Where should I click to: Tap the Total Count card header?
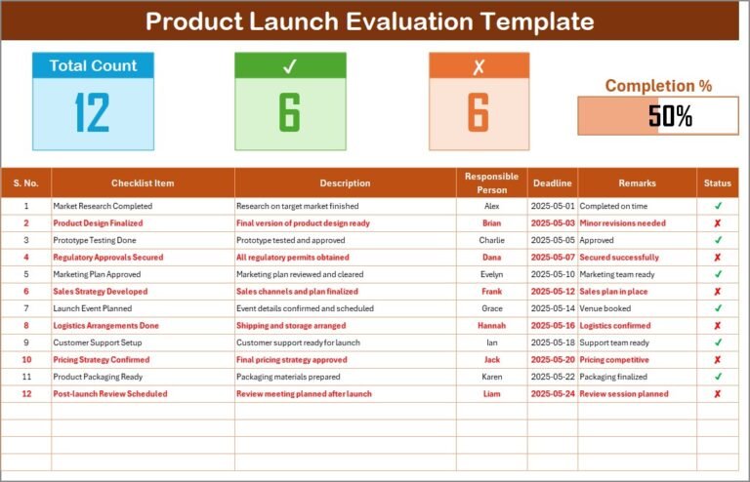pos(93,65)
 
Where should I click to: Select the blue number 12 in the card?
pos(93,113)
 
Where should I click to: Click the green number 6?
pos(289,113)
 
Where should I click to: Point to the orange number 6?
pos(478,113)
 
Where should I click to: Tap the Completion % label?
pos(658,86)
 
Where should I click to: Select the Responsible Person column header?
pos(491,182)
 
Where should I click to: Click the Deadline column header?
pos(552,182)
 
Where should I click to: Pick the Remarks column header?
pos(637,182)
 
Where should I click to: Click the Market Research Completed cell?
pos(103,206)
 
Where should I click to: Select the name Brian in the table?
pos(491,222)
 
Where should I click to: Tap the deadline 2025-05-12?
pos(552,291)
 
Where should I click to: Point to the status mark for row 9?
pos(718,342)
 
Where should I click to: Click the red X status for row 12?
pos(718,394)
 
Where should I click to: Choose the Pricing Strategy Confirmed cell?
pos(102,359)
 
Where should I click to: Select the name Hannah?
pos(491,325)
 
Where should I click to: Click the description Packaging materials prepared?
pos(288,377)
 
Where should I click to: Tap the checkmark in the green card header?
pos(289,66)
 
